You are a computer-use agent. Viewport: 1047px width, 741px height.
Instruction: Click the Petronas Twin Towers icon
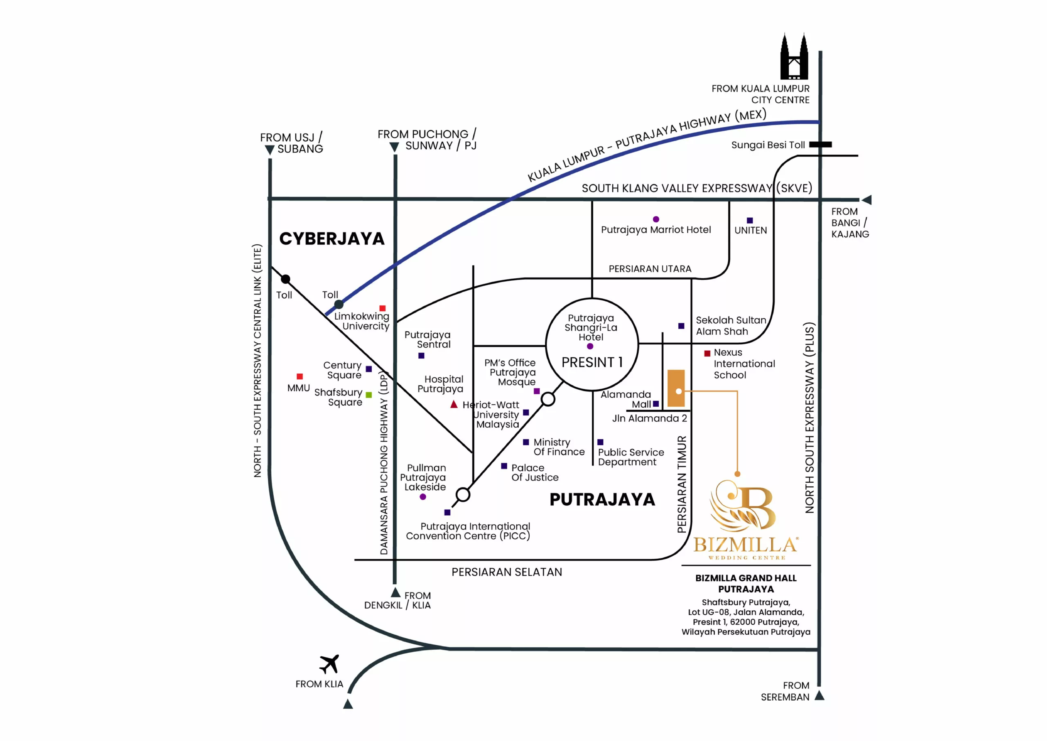pos(794,58)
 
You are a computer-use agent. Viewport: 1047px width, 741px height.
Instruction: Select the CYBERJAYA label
pos(332,239)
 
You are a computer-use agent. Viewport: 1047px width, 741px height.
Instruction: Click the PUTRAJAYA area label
pos(602,500)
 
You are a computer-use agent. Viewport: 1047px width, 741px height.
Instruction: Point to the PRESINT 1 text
pos(592,362)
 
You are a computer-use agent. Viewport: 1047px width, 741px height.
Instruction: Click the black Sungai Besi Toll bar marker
pos(820,145)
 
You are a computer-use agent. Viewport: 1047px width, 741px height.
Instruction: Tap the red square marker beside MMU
pos(300,376)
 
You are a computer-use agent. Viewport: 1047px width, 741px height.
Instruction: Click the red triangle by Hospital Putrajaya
pos(454,404)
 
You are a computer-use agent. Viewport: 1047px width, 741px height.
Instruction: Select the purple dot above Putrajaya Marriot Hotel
pos(656,220)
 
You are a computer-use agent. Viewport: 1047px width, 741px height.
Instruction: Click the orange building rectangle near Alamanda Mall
pos(676,388)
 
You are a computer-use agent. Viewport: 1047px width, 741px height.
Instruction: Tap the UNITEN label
pos(750,231)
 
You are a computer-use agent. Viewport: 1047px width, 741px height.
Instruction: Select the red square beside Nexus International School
pos(707,353)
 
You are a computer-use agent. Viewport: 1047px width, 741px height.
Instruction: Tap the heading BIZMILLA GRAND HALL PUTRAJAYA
pos(746,584)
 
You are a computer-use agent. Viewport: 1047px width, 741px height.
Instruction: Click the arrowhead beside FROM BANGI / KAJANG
pos(867,200)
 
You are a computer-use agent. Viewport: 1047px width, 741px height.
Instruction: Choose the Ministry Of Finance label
pos(559,447)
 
